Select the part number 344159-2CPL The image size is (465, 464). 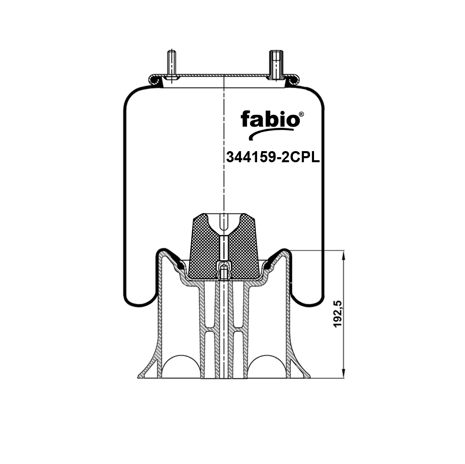point(273,157)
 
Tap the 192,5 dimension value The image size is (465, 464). point(338,314)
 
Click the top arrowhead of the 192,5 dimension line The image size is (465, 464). point(344,255)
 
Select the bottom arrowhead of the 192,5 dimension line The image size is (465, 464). point(344,373)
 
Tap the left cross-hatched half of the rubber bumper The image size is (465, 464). point(204,247)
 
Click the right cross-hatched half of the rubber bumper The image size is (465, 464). point(244,247)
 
